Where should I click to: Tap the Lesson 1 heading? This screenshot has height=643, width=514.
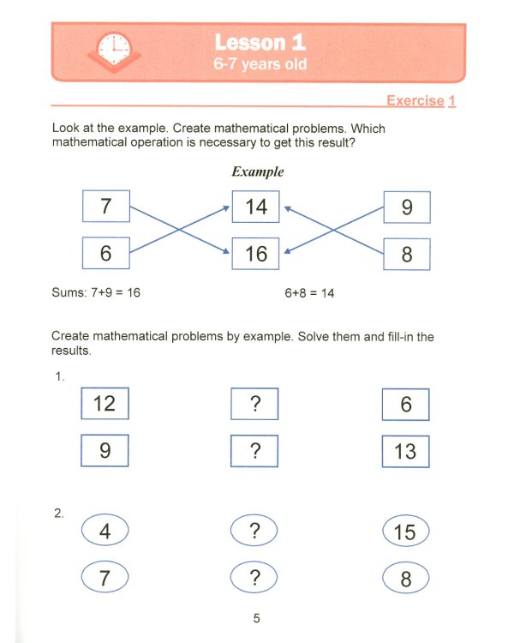pos(260,42)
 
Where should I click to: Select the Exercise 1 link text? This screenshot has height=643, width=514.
pos(421,101)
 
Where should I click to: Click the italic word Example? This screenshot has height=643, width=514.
pos(257,171)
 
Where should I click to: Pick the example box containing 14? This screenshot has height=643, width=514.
pos(255,207)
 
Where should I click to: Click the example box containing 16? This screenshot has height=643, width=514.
pos(255,253)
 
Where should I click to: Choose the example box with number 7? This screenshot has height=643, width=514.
pos(105,207)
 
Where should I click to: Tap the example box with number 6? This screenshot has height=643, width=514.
pos(105,254)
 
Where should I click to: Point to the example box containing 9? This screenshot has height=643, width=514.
pos(406,207)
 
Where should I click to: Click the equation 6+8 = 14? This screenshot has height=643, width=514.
pos(309,293)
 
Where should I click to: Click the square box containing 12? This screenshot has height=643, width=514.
pos(105,403)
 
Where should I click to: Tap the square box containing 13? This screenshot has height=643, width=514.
pos(405,451)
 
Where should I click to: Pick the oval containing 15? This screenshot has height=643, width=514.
pos(405,532)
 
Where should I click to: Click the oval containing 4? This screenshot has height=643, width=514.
pos(105,531)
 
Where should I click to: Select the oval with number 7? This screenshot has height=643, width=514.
pos(105,578)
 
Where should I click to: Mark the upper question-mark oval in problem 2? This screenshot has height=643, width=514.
pos(254,531)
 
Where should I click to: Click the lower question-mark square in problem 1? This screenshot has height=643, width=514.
pos(254,450)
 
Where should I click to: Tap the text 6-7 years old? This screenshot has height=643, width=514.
pos(260,64)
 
